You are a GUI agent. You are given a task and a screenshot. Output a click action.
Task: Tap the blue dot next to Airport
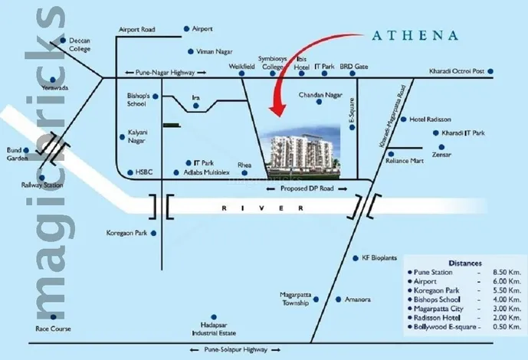click(x=186, y=29)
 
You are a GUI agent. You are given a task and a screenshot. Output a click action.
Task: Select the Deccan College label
click(x=80, y=44)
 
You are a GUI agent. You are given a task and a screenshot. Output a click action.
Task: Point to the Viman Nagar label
click(x=217, y=51)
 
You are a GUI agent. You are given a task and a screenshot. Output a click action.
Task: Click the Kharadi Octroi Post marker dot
click(x=490, y=72)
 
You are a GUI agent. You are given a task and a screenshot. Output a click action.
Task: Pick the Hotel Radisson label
click(x=431, y=119)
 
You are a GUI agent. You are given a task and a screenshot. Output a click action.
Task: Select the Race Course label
click(x=53, y=329)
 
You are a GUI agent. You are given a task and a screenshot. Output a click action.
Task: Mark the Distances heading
click(x=465, y=261)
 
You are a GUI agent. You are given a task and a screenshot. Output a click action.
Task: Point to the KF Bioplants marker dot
click(x=354, y=258)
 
